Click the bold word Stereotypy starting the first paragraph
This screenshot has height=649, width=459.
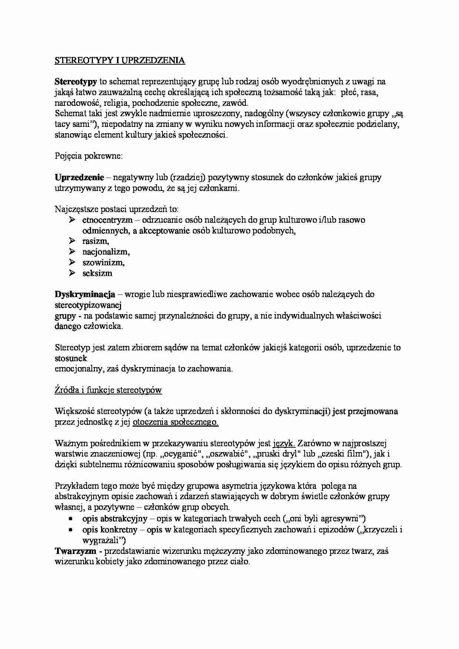coord(76,81)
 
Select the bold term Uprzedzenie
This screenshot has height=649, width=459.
coord(79,177)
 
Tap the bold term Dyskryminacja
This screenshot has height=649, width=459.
coord(85,295)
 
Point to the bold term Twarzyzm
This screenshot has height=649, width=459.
coord(76,551)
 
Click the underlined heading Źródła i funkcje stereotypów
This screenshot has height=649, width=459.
coord(108,390)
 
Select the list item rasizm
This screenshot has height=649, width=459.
coord(96,241)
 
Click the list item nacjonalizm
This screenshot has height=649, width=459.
coord(106,252)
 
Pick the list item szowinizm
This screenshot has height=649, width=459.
coord(103,263)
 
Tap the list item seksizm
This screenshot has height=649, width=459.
coord(97,273)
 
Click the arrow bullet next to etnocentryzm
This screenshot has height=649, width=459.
coord(72,220)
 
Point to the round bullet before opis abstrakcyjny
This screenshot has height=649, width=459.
coord(70,519)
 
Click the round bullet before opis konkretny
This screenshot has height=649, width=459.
coord(70,530)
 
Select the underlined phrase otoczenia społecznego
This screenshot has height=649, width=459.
coord(175,422)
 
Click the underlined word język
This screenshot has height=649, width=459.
coord(284,443)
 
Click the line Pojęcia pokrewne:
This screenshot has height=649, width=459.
coord(88,156)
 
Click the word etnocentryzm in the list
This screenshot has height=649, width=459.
coord(107,220)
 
